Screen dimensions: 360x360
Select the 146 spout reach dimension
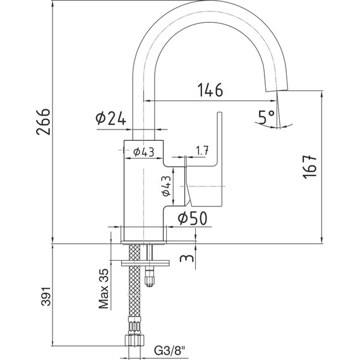click(210, 90)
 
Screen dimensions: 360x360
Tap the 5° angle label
click(266, 116)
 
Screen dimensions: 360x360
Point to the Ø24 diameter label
click(111, 119)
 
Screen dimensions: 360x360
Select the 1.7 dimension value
click(202, 150)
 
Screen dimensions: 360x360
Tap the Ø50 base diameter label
click(190, 219)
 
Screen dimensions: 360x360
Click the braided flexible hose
click(134, 291)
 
